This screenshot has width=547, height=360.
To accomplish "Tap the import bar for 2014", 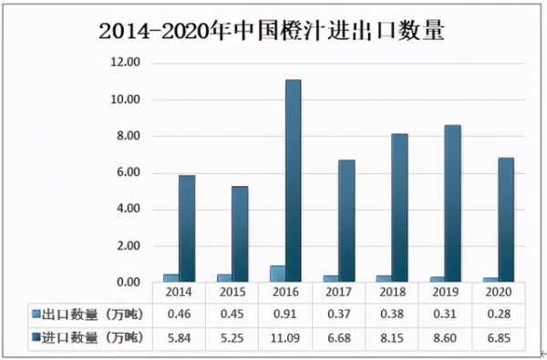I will (x=186, y=228).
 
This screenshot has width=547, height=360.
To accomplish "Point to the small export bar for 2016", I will (x=276, y=273).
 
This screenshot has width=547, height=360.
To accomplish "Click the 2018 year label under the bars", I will (x=391, y=292).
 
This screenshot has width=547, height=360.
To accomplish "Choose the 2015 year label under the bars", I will (x=232, y=292).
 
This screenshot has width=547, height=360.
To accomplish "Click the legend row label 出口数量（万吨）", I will (x=88, y=314).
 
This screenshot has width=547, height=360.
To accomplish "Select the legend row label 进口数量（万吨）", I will (x=88, y=338).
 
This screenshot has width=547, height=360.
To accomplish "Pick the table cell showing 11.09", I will (x=284, y=338).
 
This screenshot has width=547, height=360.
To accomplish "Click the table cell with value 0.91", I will (x=284, y=314).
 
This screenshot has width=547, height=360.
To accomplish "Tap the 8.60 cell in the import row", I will (x=444, y=338).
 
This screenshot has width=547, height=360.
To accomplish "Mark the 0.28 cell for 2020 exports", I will (x=497, y=314).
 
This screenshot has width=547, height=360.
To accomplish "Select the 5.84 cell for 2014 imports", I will (x=179, y=338).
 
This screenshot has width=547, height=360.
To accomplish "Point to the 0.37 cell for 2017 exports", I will (x=337, y=314).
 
